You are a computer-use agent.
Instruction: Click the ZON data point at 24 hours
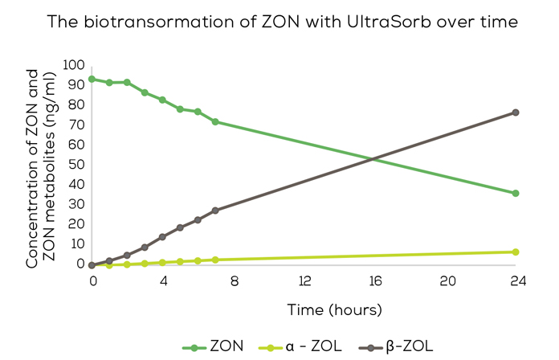coord(516,193)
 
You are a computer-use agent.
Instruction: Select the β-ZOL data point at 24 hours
coord(516,112)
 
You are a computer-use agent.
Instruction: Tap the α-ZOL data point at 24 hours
coord(516,252)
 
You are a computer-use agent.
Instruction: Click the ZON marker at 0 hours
coord(92,80)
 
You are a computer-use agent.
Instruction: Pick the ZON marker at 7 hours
coord(215,121)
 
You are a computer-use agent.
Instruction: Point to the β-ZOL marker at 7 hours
coord(215,211)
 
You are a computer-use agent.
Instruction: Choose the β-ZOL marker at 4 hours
coord(162,237)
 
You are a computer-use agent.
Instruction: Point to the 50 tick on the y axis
coord(77,165)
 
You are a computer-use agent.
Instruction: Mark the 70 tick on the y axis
coord(77,125)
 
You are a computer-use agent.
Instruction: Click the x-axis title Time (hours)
coord(334,309)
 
